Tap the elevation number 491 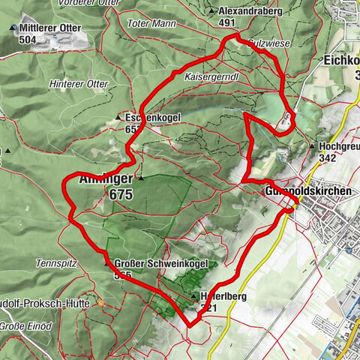tap(227, 22)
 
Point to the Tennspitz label tap(52, 263)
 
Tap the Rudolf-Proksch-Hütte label tap(45, 304)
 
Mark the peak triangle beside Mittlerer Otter tap(13, 28)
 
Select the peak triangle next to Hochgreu tap(311, 145)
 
